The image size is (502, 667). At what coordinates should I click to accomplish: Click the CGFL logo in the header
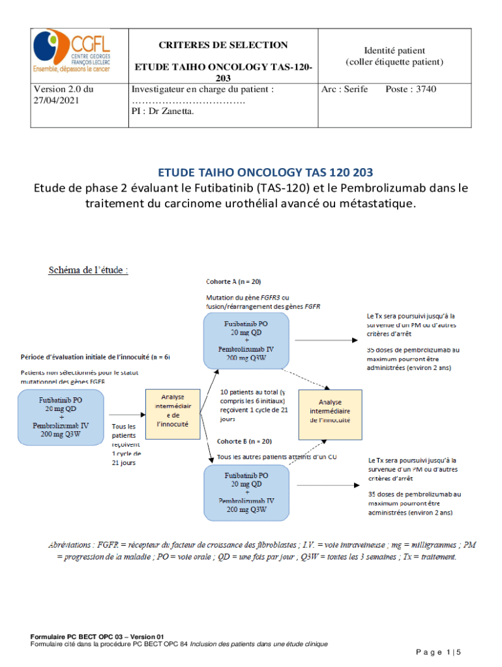[x=72, y=52]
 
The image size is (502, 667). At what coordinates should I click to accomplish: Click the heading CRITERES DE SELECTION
[x=224, y=45]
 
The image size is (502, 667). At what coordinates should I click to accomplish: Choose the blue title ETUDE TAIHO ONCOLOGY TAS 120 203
[x=265, y=173]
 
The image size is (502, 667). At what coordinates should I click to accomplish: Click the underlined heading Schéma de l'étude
[x=88, y=270]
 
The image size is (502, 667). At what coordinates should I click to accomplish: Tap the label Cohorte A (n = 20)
[x=233, y=281]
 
